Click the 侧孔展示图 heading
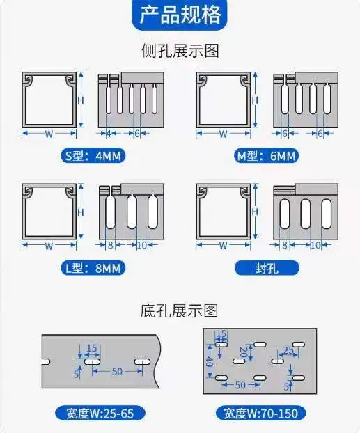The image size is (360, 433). click(x=180, y=52)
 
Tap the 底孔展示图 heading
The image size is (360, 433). click(x=180, y=311)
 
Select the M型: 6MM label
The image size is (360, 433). click(x=266, y=156)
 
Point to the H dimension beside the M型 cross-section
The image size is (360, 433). click(x=255, y=100)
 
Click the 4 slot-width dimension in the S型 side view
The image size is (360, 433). click(x=109, y=133)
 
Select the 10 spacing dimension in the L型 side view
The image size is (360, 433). click(x=141, y=245)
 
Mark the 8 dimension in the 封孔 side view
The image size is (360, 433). click(x=285, y=245)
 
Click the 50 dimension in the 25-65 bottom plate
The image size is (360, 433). click(x=116, y=372)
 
